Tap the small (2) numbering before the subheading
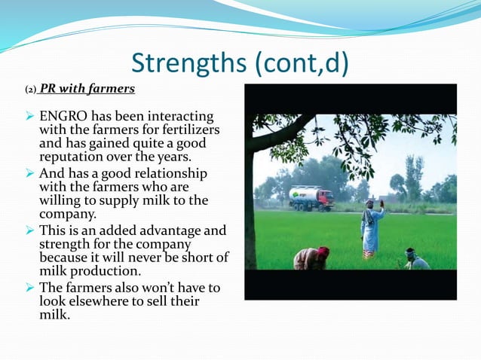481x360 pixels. click(30, 90)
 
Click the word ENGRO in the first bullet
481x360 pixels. click(59, 117)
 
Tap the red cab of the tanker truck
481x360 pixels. click(325, 199)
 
